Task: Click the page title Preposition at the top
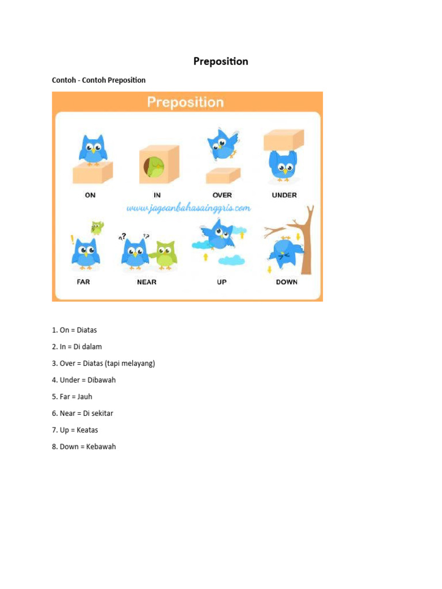[x=220, y=62]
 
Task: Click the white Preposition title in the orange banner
[x=185, y=102]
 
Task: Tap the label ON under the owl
[x=90, y=196]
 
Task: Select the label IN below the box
[x=157, y=196]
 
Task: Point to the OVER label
[x=222, y=196]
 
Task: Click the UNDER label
[x=284, y=196]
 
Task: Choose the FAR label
[x=83, y=282]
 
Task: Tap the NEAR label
[x=147, y=282]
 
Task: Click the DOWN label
[x=287, y=282]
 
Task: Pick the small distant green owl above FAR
[x=97, y=228]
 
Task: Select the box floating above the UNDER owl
[x=284, y=140]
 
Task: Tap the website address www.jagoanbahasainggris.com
[x=189, y=208]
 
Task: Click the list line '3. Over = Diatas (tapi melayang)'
[x=104, y=364]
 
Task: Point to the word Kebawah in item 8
[x=101, y=447]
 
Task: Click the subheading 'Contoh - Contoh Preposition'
[x=98, y=81]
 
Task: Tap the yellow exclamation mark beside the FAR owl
[x=72, y=240]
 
